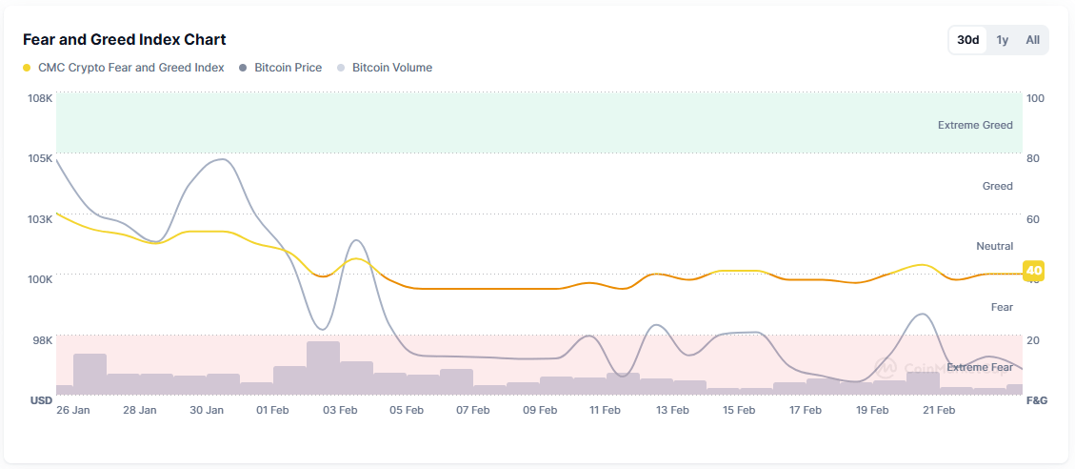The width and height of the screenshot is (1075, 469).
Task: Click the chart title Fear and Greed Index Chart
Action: coord(124,40)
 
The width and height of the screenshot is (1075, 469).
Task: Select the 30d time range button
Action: coord(967,40)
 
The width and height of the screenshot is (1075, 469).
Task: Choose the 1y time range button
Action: coord(1002,40)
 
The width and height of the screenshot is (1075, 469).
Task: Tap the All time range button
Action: coord(1032,40)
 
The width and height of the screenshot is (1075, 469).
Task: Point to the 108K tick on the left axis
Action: coord(39,98)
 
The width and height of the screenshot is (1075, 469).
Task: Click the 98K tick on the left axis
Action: coord(42,340)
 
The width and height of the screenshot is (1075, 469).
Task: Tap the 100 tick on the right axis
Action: coord(1035,98)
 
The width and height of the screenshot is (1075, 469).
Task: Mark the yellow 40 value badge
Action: coord(1034,272)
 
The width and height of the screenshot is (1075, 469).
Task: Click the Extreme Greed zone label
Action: coord(975,125)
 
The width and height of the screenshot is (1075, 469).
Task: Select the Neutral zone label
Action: coord(994,246)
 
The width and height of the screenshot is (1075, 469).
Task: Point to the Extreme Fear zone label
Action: coord(979,367)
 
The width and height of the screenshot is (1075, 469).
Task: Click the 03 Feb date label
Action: coord(340,411)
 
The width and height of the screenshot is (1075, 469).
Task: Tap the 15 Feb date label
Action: coord(739,411)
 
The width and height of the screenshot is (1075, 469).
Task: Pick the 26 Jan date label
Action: coord(73,411)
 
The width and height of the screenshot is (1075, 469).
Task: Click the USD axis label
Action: coord(41,400)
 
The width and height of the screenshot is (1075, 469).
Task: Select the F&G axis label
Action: coord(1036,400)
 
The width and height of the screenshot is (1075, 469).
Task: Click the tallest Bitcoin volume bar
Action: coord(323,368)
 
